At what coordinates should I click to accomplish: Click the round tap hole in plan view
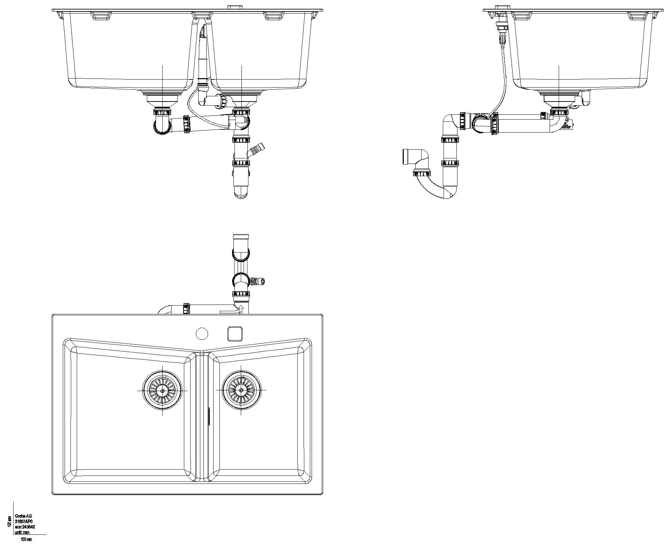tap(202, 334)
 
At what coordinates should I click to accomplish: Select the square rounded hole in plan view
tap(234, 333)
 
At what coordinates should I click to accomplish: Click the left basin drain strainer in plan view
tap(162, 390)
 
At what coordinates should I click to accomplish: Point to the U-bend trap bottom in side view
tap(443, 194)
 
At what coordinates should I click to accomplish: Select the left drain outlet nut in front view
tap(162, 112)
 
